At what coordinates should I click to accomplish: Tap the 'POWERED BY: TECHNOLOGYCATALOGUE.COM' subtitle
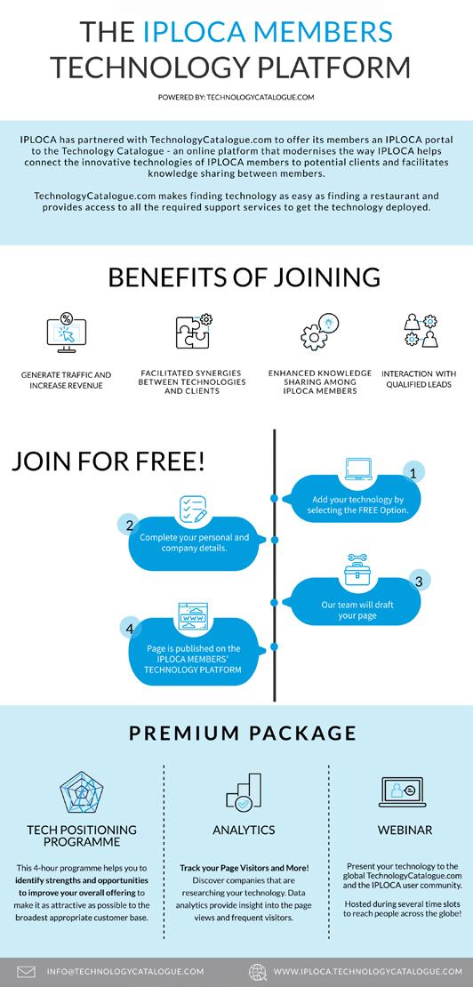(236, 98)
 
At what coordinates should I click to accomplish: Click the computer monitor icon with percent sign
(66, 333)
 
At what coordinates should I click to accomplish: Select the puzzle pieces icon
(193, 331)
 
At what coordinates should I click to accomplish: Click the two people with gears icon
(421, 331)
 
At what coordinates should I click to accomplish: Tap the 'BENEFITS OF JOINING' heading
(244, 277)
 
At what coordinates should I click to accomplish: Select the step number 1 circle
(413, 473)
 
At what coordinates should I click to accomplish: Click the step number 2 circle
(130, 525)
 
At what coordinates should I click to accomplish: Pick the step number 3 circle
(419, 580)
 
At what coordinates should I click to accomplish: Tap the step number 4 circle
(130, 628)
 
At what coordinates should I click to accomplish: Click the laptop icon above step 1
(358, 469)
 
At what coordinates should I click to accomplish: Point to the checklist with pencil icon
(193, 510)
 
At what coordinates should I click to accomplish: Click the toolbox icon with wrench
(357, 570)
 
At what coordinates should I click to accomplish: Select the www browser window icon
(193, 617)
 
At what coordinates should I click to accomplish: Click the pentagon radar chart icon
(82, 792)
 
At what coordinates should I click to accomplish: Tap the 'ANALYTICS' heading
(244, 831)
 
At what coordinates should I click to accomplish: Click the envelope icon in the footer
(26, 971)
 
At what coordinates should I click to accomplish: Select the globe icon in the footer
(258, 971)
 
